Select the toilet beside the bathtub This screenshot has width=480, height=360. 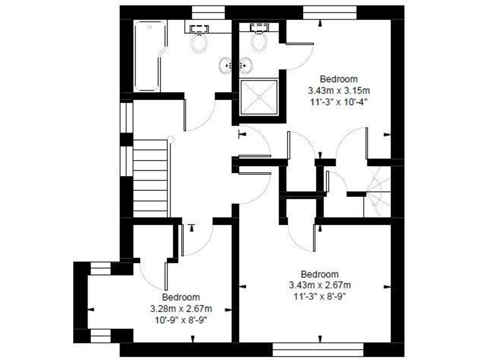click(x=200, y=39)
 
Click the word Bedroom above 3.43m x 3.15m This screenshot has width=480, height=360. click(x=338, y=79)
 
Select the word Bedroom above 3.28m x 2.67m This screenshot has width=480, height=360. click(x=181, y=297)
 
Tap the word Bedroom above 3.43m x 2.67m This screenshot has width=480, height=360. click(x=319, y=274)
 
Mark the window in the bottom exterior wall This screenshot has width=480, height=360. click(x=319, y=348)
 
